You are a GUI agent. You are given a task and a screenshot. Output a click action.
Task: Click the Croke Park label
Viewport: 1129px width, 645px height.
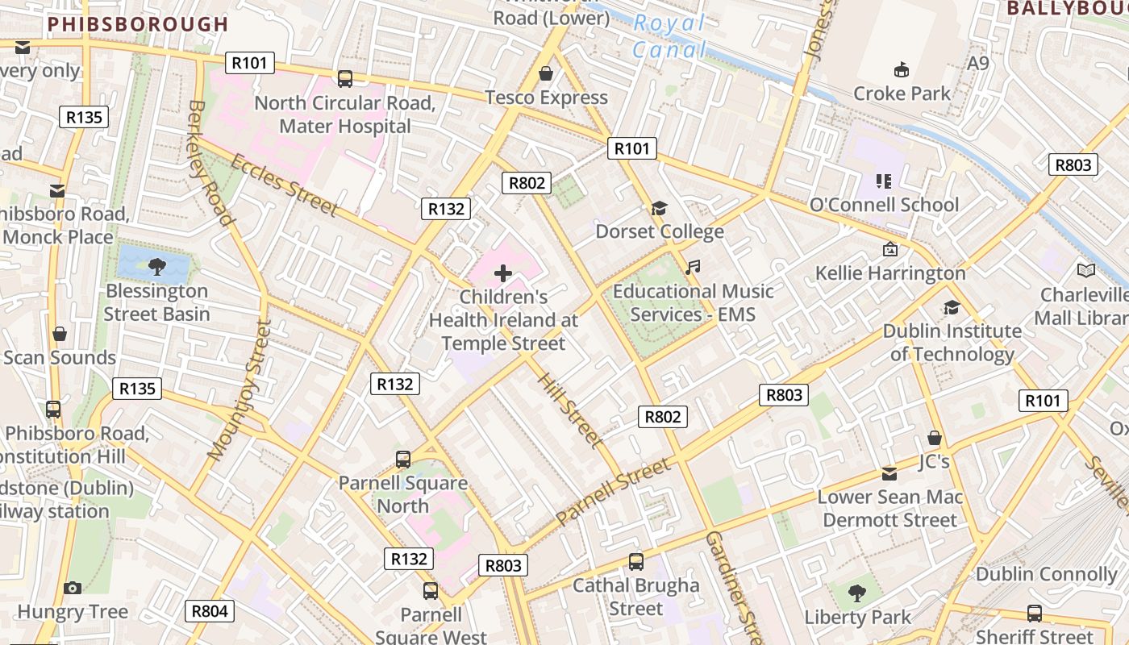902,94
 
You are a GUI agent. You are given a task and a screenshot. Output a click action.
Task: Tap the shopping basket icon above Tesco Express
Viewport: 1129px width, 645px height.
546,73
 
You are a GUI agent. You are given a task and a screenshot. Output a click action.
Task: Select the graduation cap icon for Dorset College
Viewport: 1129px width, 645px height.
660,209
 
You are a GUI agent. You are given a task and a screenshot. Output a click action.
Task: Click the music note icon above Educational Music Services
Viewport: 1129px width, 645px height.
693,267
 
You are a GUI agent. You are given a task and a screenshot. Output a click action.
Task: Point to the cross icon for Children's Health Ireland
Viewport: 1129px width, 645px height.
503,273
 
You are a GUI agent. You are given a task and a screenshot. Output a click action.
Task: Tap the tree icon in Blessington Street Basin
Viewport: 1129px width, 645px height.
156,265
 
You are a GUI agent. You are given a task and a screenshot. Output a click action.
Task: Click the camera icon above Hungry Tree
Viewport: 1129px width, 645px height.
73,588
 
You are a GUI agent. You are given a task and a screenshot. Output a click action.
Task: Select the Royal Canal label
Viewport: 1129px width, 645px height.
669,36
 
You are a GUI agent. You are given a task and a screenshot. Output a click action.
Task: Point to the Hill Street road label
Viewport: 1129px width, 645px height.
569,410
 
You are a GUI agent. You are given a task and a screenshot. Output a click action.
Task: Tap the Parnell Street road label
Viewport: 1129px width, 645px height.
613,492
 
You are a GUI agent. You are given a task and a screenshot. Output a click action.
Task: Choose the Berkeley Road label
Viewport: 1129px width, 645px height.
210,163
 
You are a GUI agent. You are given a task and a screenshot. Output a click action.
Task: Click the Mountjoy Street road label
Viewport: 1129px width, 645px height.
240,391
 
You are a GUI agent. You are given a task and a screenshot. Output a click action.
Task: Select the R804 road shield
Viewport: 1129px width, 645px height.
210,611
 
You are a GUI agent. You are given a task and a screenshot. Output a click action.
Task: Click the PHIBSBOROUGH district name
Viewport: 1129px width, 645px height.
138,24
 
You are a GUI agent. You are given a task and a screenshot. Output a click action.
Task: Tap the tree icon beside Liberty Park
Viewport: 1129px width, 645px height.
857,594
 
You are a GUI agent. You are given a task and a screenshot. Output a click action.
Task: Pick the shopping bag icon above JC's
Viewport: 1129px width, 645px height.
934,438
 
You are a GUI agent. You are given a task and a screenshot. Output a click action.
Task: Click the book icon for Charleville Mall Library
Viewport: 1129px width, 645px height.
1086,271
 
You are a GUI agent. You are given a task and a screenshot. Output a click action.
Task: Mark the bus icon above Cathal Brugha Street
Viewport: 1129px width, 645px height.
636,561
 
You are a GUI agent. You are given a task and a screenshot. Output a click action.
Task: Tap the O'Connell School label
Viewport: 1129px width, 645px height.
884,204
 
